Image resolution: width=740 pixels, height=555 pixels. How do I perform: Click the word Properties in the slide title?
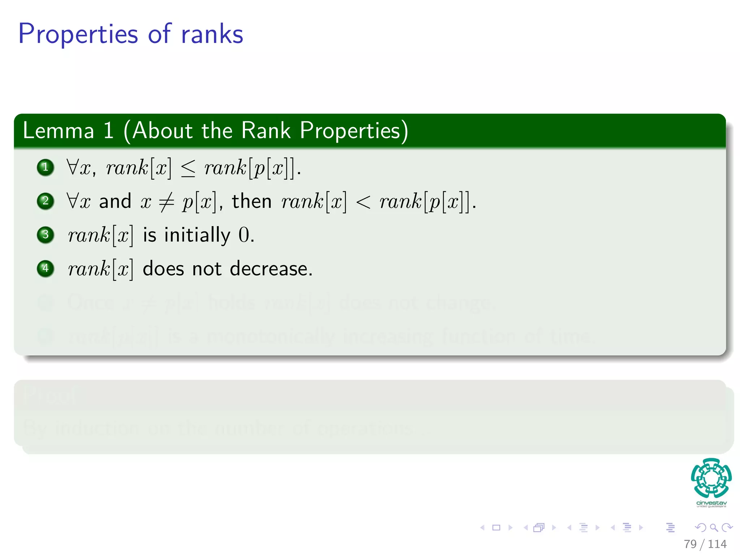pos(78,34)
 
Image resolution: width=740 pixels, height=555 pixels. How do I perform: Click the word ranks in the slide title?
pos(212,34)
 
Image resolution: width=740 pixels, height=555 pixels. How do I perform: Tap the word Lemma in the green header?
pos(58,130)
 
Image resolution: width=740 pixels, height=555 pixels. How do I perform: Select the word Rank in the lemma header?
pos(266,130)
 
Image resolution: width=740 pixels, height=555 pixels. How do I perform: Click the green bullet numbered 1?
pos(46,167)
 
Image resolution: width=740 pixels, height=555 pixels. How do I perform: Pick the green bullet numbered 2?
pos(46,201)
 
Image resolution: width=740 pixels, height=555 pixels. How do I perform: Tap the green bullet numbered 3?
pos(46,235)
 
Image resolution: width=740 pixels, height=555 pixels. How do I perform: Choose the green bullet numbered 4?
pos(46,268)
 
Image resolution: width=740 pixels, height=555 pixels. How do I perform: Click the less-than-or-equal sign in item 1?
pos(188,169)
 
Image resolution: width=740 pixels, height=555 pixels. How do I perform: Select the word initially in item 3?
pos(197,235)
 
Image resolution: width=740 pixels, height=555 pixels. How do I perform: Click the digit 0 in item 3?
pos(244,235)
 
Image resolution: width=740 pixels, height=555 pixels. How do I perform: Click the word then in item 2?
pos(251,201)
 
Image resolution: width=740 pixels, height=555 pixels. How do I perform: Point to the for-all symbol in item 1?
pos(73,167)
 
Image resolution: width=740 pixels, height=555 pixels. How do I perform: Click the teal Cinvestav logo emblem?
pos(711,478)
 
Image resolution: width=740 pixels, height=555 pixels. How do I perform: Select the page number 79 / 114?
pos(705,544)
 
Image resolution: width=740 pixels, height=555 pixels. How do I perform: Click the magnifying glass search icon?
pos(714,528)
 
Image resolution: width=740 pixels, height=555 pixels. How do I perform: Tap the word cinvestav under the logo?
pos(711,503)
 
